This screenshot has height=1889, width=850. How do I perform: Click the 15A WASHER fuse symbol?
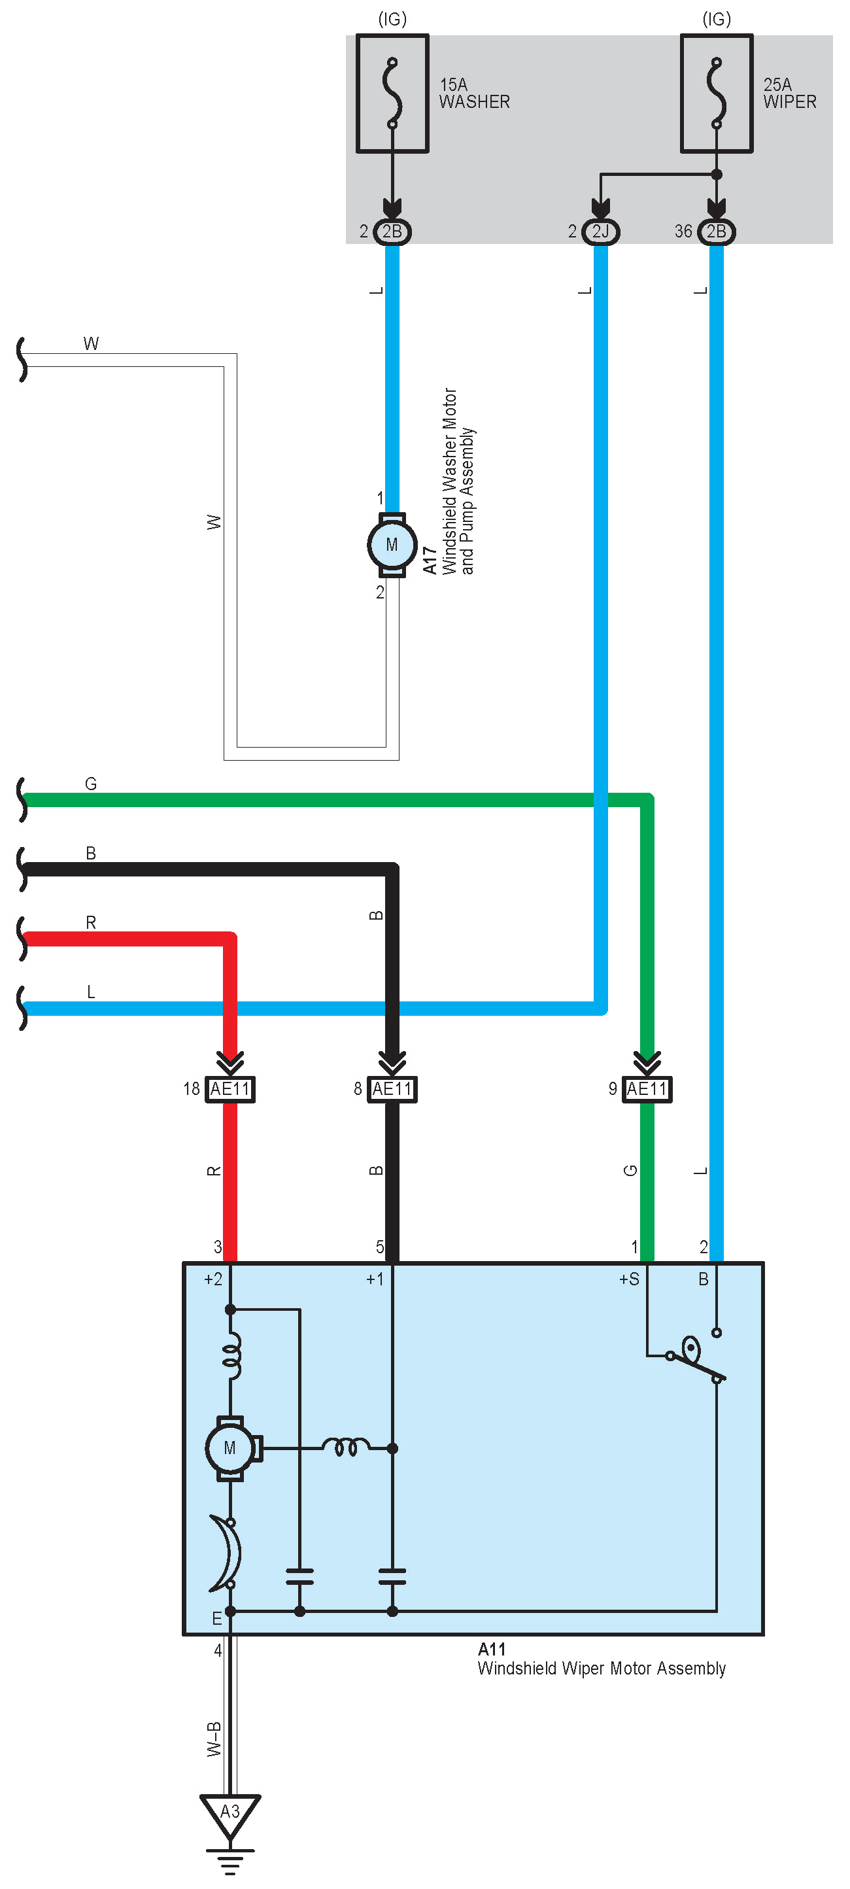[392, 94]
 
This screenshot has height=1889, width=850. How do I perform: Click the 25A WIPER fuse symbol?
[716, 94]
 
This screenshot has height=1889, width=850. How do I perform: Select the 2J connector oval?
[600, 232]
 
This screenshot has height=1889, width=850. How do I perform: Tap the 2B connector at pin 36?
[716, 232]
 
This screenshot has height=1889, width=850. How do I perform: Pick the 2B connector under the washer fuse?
[392, 232]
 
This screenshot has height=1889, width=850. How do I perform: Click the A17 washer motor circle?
[392, 545]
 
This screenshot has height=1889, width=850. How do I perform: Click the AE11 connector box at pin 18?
[230, 1089]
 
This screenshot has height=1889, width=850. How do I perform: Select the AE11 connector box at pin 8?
[392, 1089]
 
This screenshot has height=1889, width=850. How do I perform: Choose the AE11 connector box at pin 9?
[646, 1089]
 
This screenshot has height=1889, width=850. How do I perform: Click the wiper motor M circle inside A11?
[230, 1448]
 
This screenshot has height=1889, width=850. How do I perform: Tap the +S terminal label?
[629, 1279]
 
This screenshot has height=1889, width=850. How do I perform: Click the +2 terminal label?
[212, 1279]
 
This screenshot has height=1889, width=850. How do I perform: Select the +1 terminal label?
[375, 1279]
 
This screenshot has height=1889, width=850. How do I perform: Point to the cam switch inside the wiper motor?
[693, 1357]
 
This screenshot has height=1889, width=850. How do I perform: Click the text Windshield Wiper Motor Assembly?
[601, 1669]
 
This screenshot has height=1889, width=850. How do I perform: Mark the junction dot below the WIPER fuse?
[717, 175]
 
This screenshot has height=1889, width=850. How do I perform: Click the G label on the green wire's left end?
[91, 784]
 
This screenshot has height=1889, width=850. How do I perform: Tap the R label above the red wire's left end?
[91, 922]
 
